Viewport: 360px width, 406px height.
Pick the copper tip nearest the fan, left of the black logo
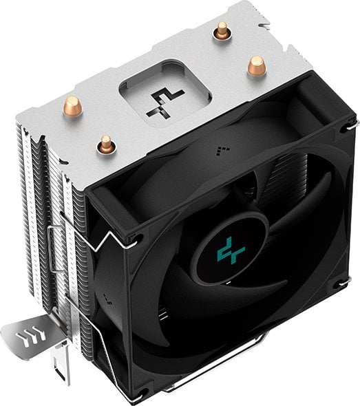[x=105, y=143]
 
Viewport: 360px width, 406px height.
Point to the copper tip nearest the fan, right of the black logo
[x=255, y=65]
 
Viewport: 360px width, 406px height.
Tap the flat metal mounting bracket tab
[x=31, y=337]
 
